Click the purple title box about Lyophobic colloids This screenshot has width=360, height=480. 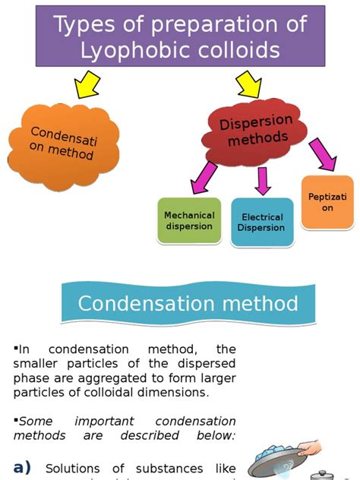click(180, 36)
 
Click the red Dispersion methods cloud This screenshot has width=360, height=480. click(255, 130)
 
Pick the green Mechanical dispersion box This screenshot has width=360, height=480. click(189, 220)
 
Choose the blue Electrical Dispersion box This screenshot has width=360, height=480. click(262, 223)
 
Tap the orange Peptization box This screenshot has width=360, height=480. click(327, 202)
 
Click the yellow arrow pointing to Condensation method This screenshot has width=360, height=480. click(87, 84)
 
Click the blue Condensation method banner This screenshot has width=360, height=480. click(187, 304)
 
